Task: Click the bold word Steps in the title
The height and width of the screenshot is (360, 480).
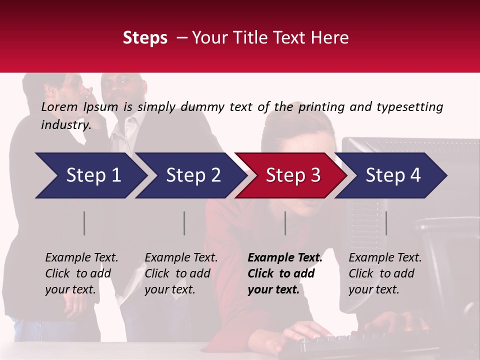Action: click(x=145, y=38)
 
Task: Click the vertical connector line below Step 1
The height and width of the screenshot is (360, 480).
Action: click(x=84, y=223)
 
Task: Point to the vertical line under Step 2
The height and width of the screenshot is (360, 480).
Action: click(x=184, y=223)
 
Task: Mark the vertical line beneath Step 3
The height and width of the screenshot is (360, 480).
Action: click(x=285, y=223)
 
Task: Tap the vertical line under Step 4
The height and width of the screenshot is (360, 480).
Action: click(x=386, y=223)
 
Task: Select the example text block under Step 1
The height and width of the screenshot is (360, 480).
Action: click(x=81, y=273)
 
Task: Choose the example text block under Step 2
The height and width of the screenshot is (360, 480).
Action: click(x=181, y=273)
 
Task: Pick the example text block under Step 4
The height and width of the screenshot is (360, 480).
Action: click(x=385, y=273)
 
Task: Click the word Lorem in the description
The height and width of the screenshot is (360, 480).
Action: click(x=59, y=106)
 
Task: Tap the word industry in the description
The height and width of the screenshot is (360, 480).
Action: click(x=65, y=125)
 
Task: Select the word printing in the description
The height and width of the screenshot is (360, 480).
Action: click(x=321, y=107)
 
